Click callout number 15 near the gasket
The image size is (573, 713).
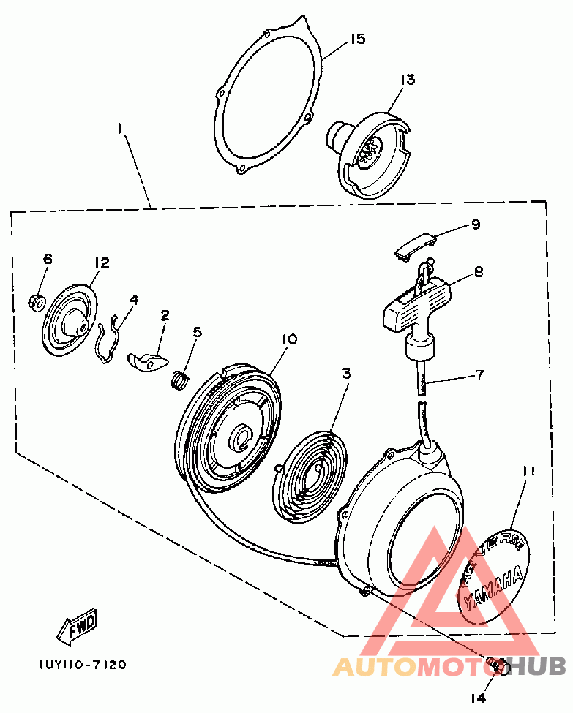(x=356, y=38)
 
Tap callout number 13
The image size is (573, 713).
(x=407, y=79)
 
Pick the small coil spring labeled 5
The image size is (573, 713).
(x=179, y=379)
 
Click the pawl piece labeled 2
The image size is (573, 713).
(x=148, y=359)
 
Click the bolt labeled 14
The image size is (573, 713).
(x=497, y=666)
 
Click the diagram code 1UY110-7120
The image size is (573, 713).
(x=83, y=665)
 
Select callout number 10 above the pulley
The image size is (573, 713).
(x=290, y=339)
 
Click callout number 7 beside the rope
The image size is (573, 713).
(x=479, y=376)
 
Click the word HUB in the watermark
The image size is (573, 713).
(x=537, y=665)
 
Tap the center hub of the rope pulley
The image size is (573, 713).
(x=241, y=440)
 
